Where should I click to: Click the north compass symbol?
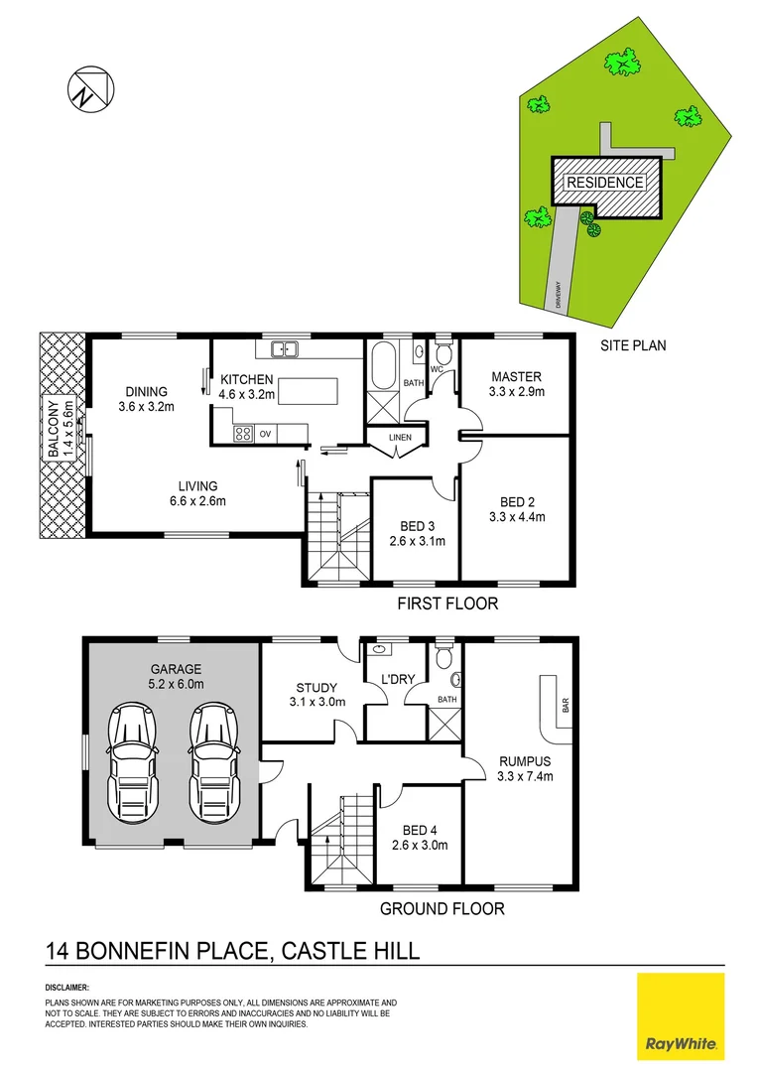point(86,87)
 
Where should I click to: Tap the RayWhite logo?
point(681,1016)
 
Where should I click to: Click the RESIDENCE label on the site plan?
point(604,183)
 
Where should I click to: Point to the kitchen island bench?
point(307,390)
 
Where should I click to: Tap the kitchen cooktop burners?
point(243,433)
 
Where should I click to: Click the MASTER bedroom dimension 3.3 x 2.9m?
point(517,392)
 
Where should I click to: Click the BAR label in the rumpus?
point(565,707)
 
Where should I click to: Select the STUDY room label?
point(317,687)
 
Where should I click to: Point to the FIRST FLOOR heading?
point(447,603)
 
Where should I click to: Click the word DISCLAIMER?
point(67,988)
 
